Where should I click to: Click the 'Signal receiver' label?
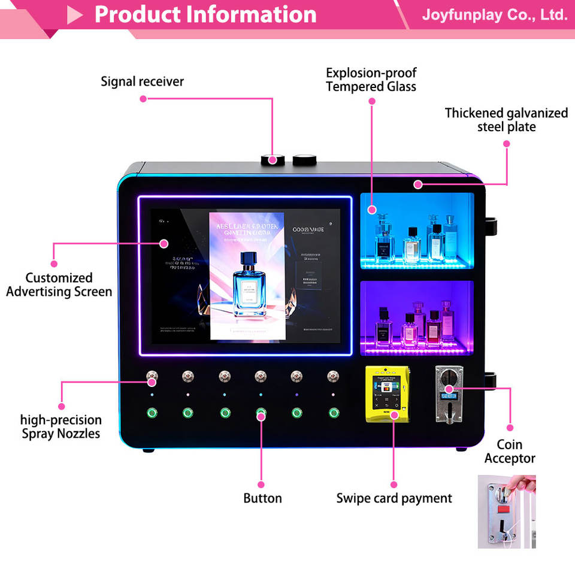[143, 81]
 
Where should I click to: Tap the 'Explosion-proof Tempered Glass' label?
[371, 80]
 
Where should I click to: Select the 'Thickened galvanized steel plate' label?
[506, 120]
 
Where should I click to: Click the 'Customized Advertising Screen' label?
[59, 285]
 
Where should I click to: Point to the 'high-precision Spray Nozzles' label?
[61, 426]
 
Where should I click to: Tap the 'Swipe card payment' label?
[394, 498]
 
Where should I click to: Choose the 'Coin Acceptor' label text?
[510, 452]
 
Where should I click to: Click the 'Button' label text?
[262, 498]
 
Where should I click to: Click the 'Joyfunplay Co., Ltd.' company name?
[494, 14]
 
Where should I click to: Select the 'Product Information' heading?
[205, 14]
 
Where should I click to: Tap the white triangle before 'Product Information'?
[74, 15]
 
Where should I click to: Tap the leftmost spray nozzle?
[152, 377]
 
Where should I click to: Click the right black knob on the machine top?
[304, 159]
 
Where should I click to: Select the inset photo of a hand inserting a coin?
[507, 512]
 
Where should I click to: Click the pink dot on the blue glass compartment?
[372, 210]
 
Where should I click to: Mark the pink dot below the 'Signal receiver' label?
[143, 99]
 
